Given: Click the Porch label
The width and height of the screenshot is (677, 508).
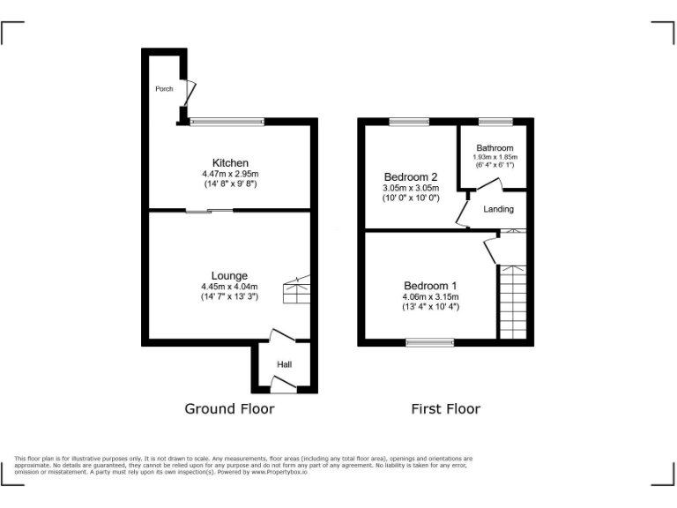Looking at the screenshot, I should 164,89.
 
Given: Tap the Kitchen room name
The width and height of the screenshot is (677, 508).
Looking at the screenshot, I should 230,163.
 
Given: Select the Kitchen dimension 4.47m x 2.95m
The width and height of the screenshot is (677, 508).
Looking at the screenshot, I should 230,174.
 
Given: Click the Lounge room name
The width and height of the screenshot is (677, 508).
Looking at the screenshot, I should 229,276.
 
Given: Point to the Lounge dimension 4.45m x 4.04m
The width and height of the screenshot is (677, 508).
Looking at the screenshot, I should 229,287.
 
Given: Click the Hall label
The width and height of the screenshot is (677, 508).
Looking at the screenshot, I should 285,364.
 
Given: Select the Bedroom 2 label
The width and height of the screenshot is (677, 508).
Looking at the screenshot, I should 410,177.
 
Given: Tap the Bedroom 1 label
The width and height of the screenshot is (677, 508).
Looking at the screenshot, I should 430,286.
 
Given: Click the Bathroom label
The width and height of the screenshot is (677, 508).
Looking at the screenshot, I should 495,148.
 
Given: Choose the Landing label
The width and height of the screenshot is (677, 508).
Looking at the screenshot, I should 499,209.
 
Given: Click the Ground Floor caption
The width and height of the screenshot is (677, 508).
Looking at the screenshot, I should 229,408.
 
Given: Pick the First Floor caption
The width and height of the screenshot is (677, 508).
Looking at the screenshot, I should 446,408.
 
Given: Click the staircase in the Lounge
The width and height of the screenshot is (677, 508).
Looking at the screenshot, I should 296,291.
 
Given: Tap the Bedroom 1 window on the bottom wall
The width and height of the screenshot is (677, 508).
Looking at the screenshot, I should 430,341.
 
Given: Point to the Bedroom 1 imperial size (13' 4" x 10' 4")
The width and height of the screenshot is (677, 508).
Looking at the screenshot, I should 430,307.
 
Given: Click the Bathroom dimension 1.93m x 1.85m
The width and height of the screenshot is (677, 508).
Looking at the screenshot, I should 495,157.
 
